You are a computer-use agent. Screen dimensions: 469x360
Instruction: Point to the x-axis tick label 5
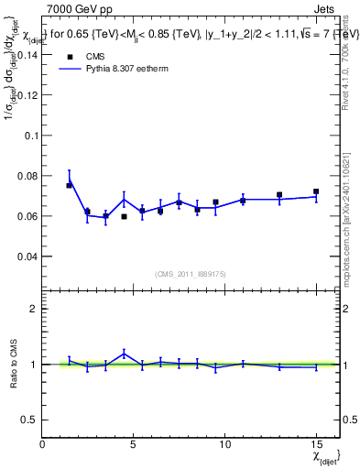[134, 444]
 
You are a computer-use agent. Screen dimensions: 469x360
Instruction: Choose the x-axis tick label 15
[315, 444]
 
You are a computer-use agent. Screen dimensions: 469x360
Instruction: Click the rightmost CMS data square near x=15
[316, 191]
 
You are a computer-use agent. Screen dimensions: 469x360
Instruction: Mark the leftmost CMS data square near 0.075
[69, 185]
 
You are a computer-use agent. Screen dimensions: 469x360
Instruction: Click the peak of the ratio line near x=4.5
[124, 354]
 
